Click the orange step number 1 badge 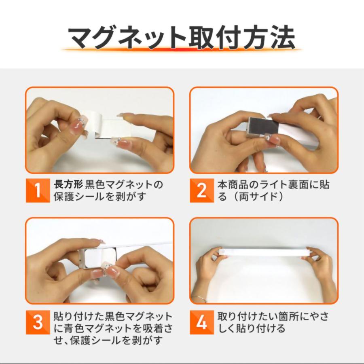click(38, 190)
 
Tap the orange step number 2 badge click(202, 190)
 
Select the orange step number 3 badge click(38, 322)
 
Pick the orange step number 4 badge click(202, 322)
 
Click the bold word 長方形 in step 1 click(68, 184)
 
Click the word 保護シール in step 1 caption click(78, 197)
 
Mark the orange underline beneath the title click(182, 49)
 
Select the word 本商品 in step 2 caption click(232, 184)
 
